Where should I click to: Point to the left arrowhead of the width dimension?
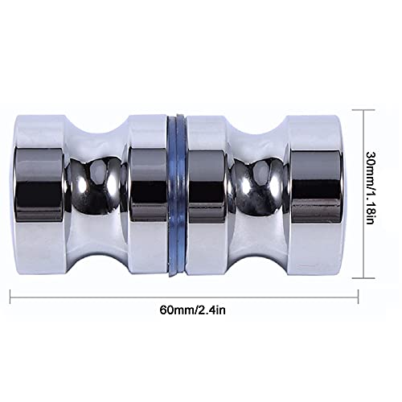coord(13,297)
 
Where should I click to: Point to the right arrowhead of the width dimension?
coord(353,297)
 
